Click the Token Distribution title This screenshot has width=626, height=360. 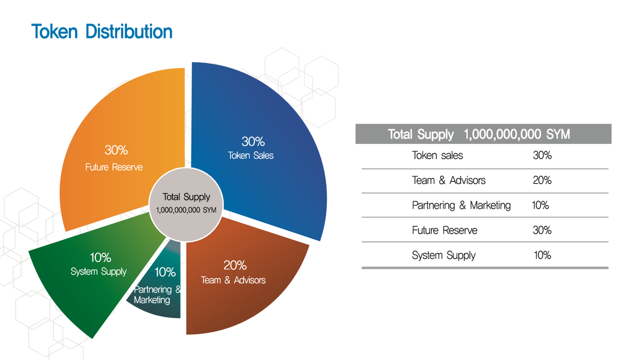coord(102,31)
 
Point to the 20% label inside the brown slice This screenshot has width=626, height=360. coord(235,265)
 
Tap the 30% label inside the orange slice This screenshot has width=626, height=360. coord(116,150)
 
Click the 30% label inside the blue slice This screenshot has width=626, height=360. coord(253,141)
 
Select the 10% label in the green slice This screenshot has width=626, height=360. coord(101,257)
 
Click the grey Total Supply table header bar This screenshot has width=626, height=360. coord(484,134)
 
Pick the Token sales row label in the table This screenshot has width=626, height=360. coord(437,156)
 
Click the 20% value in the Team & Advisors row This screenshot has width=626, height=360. coord(542,180)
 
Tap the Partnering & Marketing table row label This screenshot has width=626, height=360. coord(461,205)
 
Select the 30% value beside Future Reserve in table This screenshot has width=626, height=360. coord(542,230)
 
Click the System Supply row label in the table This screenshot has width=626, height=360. coord(444,255)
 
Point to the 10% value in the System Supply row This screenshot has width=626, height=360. coord(542,255)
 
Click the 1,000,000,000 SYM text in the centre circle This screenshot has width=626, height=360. coord(186,210)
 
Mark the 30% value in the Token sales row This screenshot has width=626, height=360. coord(542,156)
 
